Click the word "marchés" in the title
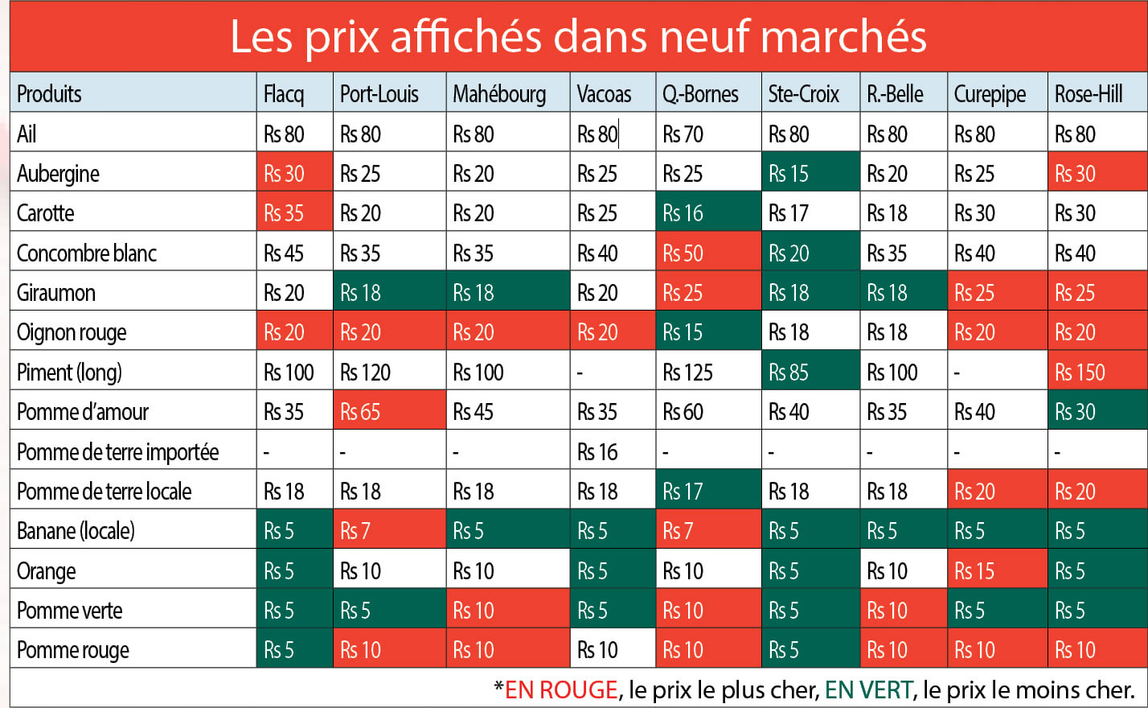click(843, 37)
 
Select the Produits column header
click(50, 94)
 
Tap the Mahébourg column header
click(499, 94)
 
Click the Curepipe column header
click(990, 94)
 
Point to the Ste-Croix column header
click(803, 94)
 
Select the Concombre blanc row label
click(87, 253)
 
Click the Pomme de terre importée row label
click(117, 452)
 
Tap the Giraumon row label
click(56, 293)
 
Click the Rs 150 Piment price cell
click(1080, 373)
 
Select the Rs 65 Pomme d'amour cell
click(360, 412)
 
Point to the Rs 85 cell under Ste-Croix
click(789, 373)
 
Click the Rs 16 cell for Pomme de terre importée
click(597, 452)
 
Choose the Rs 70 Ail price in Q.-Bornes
click(683, 134)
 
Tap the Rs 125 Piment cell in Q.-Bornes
click(687, 373)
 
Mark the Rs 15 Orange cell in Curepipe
click(974, 571)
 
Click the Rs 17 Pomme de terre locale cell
click(683, 492)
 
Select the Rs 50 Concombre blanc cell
click(683, 253)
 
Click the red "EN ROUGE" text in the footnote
click(561, 689)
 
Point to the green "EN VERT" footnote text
click(869, 689)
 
